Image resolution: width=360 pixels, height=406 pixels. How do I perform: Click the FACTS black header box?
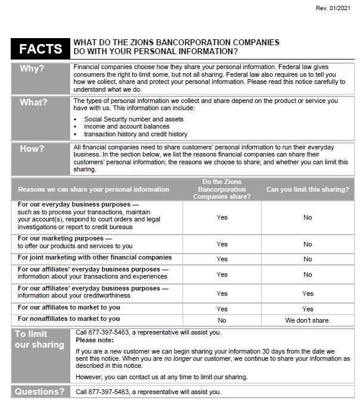(41, 49)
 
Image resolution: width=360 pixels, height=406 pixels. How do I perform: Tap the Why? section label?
(32, 68)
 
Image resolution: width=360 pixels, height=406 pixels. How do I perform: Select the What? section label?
(33, 102)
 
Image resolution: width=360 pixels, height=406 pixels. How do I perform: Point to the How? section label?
(32, 148)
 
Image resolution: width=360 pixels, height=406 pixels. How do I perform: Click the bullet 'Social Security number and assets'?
(134, 119)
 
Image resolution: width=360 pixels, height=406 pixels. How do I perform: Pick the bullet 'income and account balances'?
(126, 127)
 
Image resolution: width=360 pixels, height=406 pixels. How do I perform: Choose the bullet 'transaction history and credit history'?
(135, 135)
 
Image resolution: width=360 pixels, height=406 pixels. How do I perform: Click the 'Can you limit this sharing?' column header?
(308, 189)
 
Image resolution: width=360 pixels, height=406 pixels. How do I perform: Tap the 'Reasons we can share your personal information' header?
(94, 189)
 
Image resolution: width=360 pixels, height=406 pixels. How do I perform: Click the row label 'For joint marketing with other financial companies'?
(94, 258)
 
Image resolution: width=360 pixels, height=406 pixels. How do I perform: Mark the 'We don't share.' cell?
(308, 320)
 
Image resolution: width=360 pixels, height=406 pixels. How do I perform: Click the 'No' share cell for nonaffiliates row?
(222, 320)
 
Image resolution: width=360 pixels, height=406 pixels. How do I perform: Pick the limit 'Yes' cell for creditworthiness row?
(308, 293)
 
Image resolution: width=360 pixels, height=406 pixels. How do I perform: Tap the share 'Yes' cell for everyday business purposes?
(222, 217)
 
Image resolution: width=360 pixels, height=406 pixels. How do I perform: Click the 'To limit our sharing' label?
(39, 339)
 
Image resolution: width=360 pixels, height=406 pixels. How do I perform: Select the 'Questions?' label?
(39, 392)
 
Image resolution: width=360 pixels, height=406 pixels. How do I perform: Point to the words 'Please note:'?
(93, 341)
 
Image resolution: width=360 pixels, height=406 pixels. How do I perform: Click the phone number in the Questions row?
(109, 392)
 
